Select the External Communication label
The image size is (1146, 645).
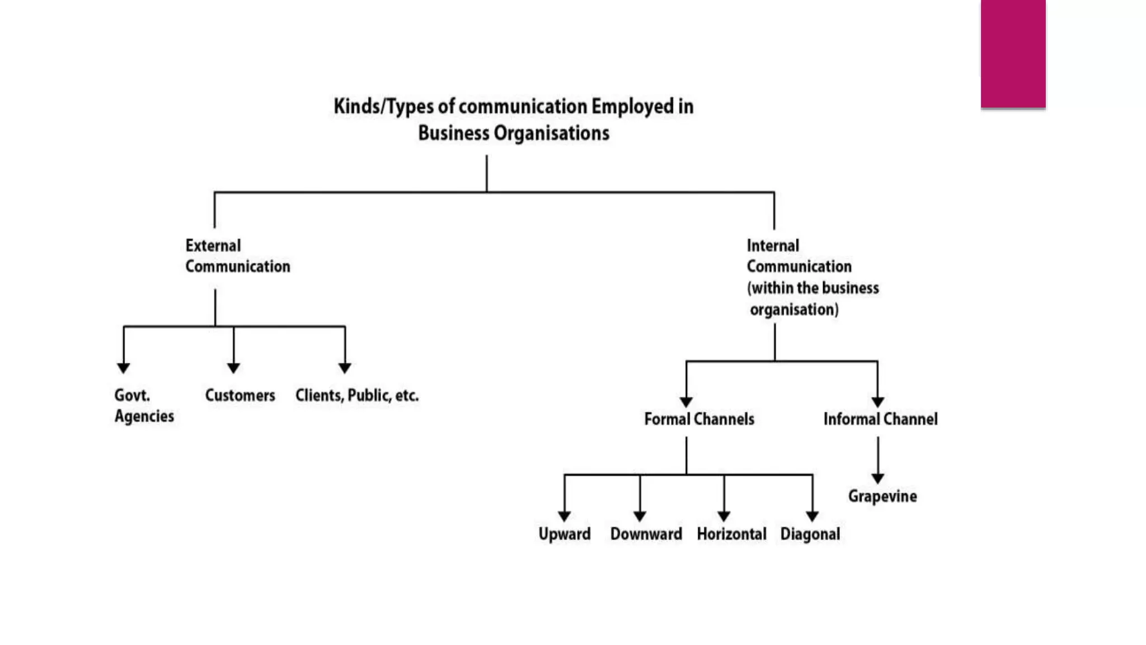pyautogui.click(x=237, y=256)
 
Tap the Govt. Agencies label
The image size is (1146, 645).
pyautogui.click(x=143, y=405)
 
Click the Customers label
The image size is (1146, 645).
pyautogui.click(x=240, y=395)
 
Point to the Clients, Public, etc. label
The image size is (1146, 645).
pyautogui.click(x=356, y=395)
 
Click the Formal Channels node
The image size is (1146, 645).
pyautogui.click(x=699, y=419)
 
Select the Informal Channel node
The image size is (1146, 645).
pyautogui.click(x=880, y=419)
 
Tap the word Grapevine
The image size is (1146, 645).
pyautogui.click(x=882, y=496)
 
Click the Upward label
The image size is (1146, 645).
pyautogui.click(x=564, y=534)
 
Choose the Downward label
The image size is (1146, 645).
pyautogui.click(x=646, y=534)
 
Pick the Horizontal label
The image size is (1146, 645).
pyautogui.click(x=731, y=534)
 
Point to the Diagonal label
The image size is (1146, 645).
pyautogui.click(x=810, y=534)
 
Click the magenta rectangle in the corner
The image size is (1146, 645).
pyautogui.click(x=1013, y=53)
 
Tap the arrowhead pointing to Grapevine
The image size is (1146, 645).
pyautogui.click(x=877, y=478)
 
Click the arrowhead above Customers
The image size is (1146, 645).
pyautogui.click(x=233, y=368)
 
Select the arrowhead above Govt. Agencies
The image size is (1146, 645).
pyautogui.click(x=124, y=368)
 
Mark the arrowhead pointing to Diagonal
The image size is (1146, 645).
pyautogui.click(x=812, y=516)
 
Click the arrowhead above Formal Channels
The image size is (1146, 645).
pyautogui.click(x=686, y=402)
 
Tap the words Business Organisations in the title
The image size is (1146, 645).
pyautogui.click(x=513, y=133)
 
